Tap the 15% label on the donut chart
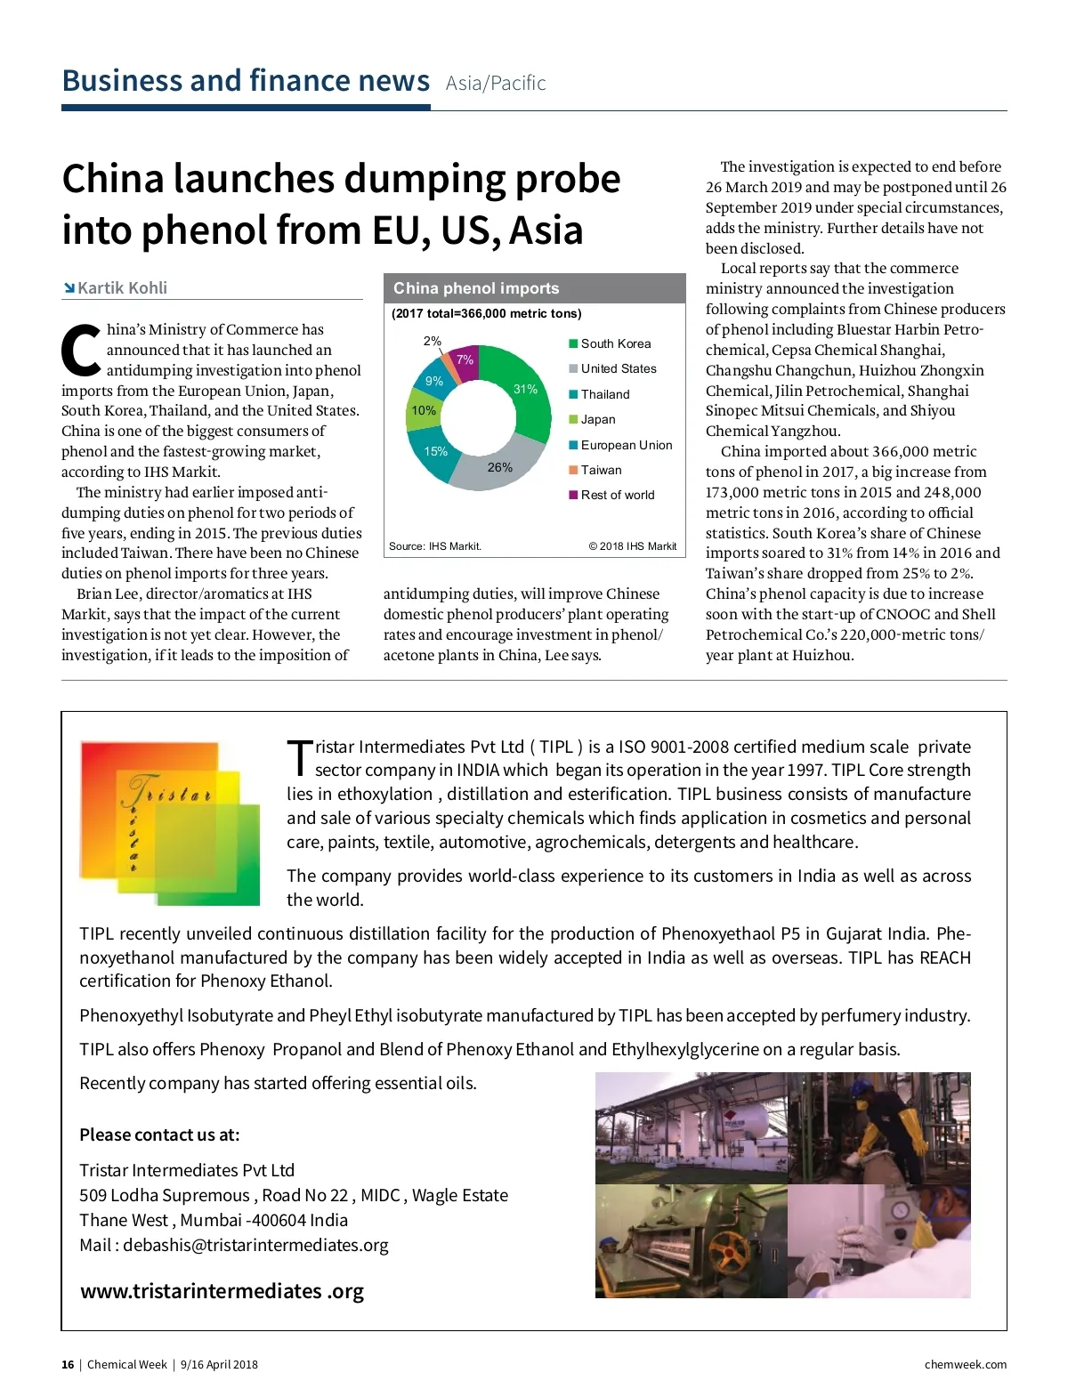[435, 451]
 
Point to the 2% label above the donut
[433, 341]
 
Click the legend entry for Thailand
[604, 394]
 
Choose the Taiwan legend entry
[601, 470]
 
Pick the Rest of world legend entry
[617, 495]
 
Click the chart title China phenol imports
[476, 288]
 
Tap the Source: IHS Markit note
[435, 546]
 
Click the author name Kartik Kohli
[122, 288]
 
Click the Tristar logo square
[169, 823]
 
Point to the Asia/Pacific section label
[496, 84]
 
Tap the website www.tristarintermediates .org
[222, 1291]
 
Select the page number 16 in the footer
[68, 1365]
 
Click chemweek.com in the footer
[966, 1365]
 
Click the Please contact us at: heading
[159, 1135]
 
